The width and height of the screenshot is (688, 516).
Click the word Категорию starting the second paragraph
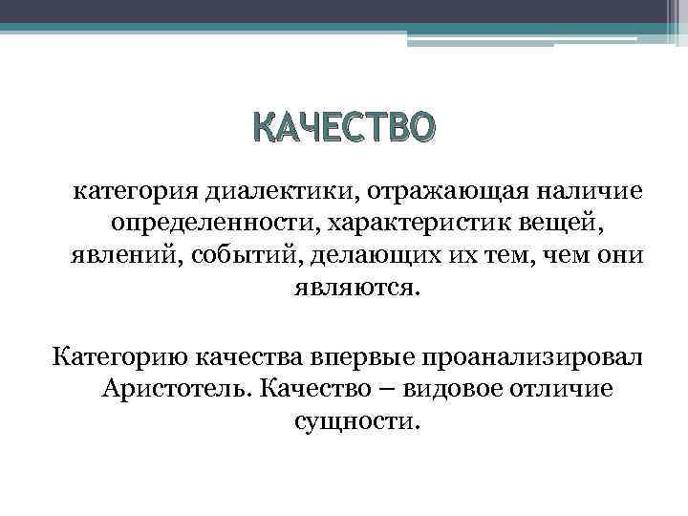coord(120,357)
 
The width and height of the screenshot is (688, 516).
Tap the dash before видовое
coord(392,389)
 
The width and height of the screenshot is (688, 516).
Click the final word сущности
coord(355,420)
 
